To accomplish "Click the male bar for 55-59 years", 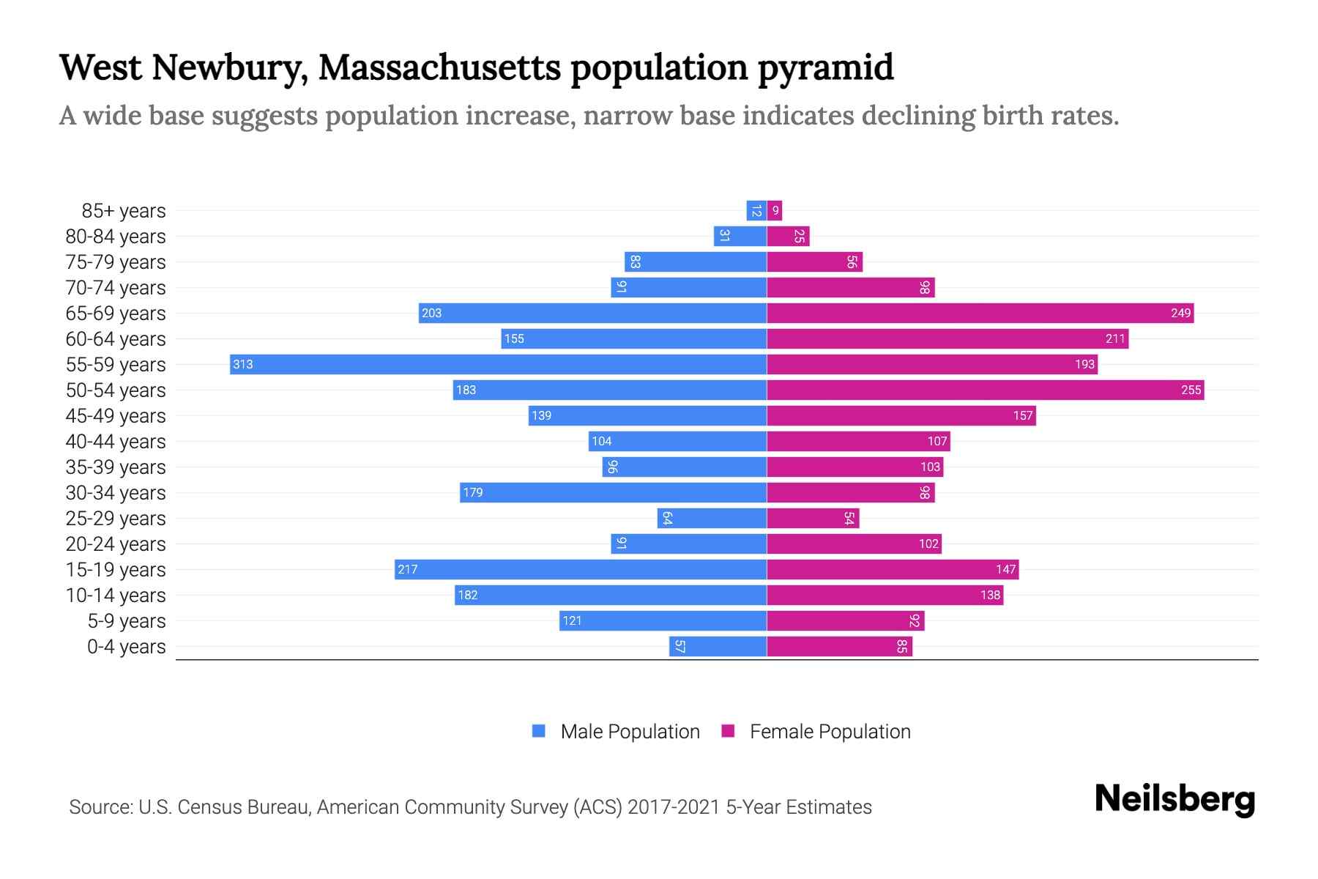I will pos(498,364).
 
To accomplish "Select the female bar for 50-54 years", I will pos(985,390).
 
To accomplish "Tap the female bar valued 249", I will pos(980,313).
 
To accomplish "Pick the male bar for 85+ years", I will pos(756,211).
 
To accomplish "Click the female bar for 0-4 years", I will pos(839,646).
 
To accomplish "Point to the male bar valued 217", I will pos(580,569).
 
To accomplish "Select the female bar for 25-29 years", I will pos(813,518).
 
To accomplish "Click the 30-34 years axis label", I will pos(116,493).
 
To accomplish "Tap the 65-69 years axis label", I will pos(116,314).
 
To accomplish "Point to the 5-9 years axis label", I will pos(126,621).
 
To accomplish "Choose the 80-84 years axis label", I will pos(116,237).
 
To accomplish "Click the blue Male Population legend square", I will pos(539,731).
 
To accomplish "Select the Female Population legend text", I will pos(830,732).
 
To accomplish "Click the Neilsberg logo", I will pos(1174,799).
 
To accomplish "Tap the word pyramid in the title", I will pos(825,67).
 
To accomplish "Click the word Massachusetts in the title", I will pos(439,67).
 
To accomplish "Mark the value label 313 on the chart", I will pos(243,364).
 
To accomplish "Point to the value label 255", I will pos(1191,390).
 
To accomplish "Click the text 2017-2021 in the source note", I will pos(674,807).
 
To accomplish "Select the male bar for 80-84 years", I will pos(740,236).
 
